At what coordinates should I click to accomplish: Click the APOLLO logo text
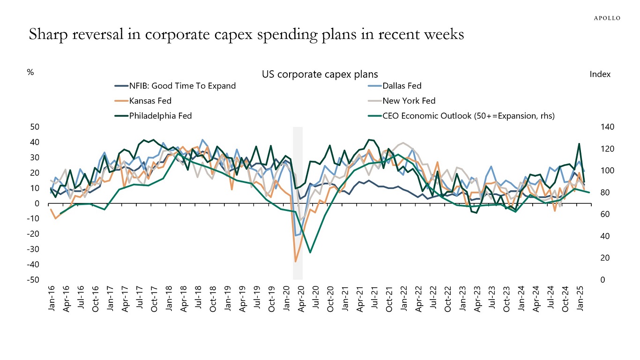tap(607, 18)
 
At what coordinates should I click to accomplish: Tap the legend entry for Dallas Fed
tap(402, 86)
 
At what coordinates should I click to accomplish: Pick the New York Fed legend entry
tap(409, 101)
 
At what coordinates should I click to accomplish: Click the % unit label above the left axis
tap(31, 73)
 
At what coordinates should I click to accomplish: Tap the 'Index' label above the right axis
tap(600, 75)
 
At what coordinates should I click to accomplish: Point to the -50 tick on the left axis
tap(35, 280)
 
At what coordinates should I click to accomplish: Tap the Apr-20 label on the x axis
tap(301, 298)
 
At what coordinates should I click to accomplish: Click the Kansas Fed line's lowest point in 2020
tap(296, 261)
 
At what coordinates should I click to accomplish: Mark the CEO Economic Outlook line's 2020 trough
tap(310, 253)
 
